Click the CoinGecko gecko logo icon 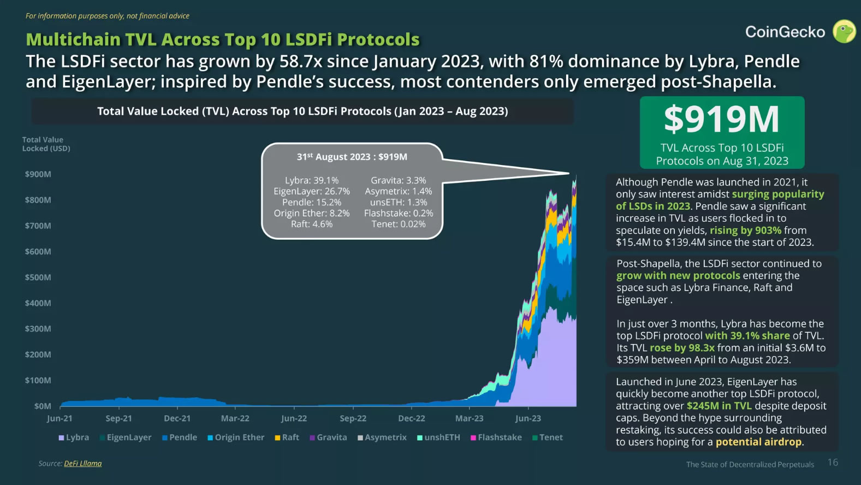pos(844,31)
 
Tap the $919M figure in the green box pos(721,120)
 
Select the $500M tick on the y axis pos(38,277)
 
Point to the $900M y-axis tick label pos(38,174)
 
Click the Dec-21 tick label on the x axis pos(177,418)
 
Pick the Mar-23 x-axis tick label pos(469,418)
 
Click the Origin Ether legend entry pos(235,437)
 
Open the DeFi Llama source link pos(82,464)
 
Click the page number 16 pos(833,463)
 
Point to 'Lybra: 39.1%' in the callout pos(312,180)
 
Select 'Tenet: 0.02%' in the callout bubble pos(399,224)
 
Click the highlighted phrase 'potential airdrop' pos(759,442)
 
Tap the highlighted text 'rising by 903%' pos(745,230)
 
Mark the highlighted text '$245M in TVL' pos(719,406)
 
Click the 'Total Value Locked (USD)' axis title pos(46,144)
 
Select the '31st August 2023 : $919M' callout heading pos(352,157)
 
